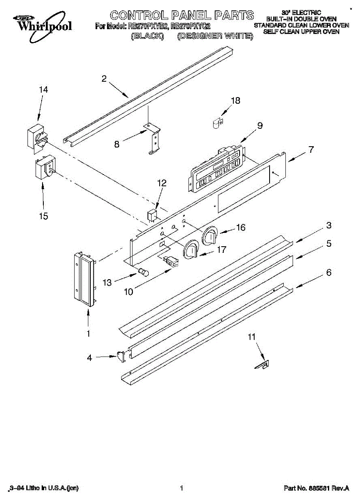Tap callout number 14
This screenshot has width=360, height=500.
43,90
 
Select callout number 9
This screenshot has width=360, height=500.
260,125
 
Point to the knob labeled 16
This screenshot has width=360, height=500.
211,236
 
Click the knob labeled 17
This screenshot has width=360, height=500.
192,250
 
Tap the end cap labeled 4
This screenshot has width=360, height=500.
121,356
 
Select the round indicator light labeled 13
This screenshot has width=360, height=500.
144,272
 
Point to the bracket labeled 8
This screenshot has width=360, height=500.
153,137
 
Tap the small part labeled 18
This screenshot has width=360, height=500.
216,123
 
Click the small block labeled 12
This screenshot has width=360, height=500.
152,215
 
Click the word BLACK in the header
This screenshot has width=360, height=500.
147,36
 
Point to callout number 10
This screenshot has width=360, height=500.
129,291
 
